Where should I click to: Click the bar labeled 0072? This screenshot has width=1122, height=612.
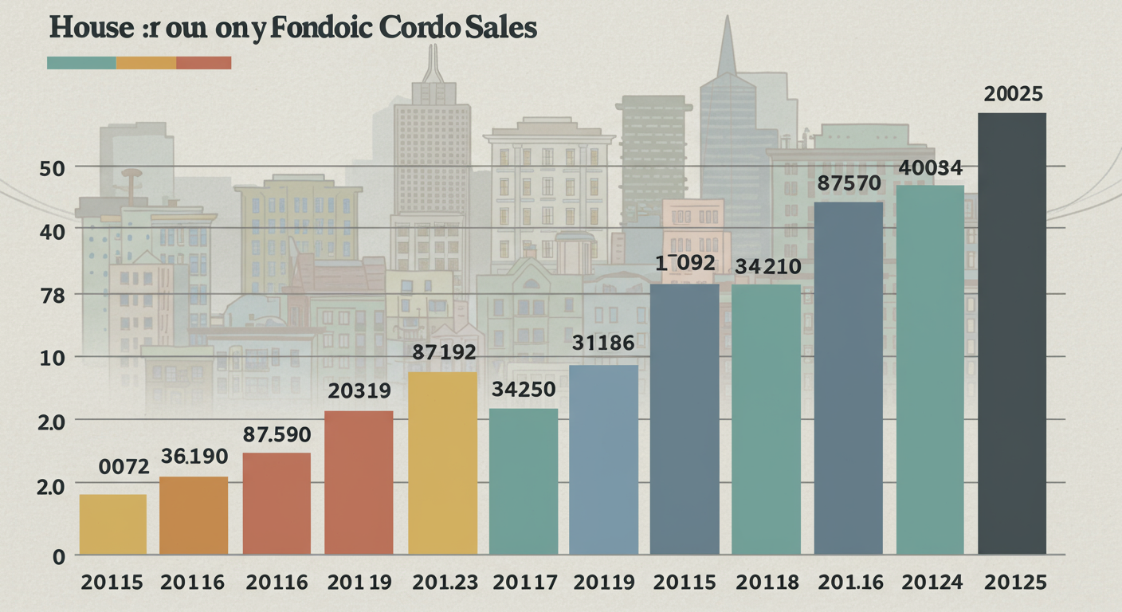pyautogui.click(x=113, y=524)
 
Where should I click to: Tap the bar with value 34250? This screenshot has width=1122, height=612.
pyautogui.click(x=523, y=481)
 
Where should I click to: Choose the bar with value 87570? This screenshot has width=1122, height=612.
pyautogui.click(x=848, y=378)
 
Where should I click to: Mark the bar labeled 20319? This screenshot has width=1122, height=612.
pyautogui.click(x=359, y=481)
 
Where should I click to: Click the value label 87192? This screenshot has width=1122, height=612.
pyautogui.click(x=444, y=351)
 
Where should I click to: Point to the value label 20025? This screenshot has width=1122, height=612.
pyautogui.click(x=1013, y=94)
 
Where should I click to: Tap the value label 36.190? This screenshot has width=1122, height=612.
pyautogui.click(x=194, y=457)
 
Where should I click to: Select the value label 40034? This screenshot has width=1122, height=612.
pyautogui.click(x=931, y=167)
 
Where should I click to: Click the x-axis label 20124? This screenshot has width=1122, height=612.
pyautogui.click(x=930, y=583)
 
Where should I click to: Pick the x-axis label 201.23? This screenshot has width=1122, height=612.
pyautogui.click(x=445, y=583)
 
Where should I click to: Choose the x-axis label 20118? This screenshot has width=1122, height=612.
pyautogui.click(x=766, y=583)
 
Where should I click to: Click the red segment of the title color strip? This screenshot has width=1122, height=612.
pyautogui.click(x=203, y=62)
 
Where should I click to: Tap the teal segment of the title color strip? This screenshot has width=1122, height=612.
pyautogui.click(x=81, y=62)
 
